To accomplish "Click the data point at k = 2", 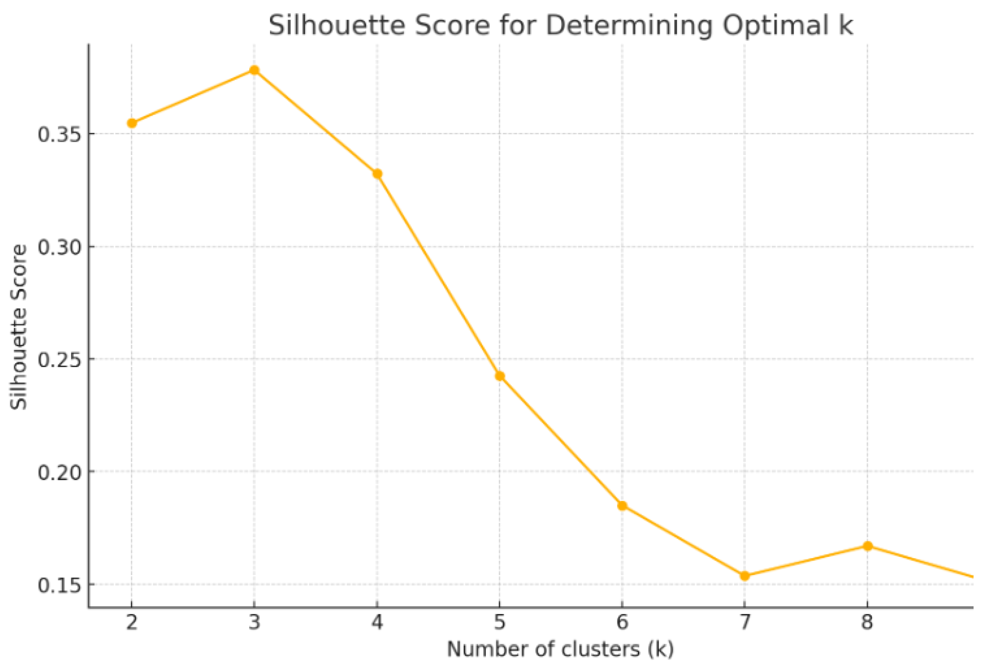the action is click(x=132, y=123).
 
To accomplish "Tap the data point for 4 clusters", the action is click(x=377, y=173).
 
